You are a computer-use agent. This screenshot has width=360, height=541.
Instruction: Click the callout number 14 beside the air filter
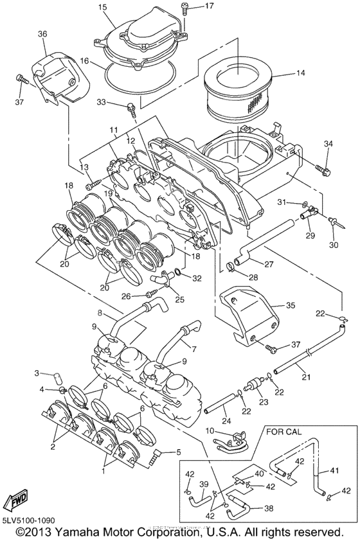(x=300, y=74)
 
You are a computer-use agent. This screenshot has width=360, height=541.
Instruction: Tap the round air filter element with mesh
(x=239, y=89)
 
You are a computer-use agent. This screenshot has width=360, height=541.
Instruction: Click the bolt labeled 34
(x=323, y=170)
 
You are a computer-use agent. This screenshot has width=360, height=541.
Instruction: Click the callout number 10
(x=210, y=430)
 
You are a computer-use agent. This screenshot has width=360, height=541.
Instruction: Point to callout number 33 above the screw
(x=118, y=103)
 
